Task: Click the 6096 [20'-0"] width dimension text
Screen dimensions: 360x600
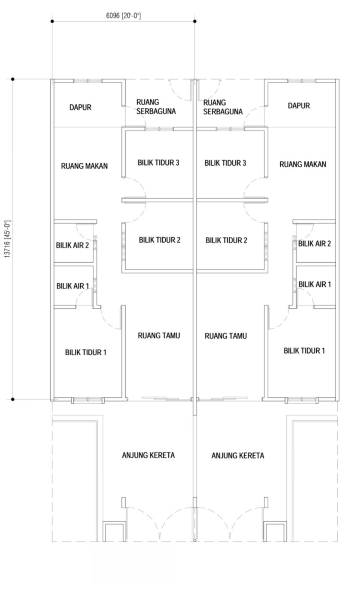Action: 124,16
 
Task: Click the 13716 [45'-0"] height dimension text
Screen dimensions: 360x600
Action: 8,239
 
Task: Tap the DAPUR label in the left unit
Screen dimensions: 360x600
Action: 80,108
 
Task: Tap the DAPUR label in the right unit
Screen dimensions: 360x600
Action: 299,106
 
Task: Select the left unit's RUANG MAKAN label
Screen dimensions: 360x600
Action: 84,166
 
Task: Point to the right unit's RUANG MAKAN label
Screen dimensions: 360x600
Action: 303,164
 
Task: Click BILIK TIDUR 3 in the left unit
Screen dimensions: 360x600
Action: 158,162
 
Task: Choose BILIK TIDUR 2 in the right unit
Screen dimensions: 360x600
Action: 226,240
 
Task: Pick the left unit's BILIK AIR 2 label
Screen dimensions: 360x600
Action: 72,245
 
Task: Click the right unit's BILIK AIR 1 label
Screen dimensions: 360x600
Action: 315,284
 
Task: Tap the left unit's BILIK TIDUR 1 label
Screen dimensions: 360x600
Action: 86,352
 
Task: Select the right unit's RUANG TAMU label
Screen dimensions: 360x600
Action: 226,336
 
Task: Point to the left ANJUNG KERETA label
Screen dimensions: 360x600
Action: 148,455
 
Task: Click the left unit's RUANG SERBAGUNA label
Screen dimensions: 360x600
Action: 156,107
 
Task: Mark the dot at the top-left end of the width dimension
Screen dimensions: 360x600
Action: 52,22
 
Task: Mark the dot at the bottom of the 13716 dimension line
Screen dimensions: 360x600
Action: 12,399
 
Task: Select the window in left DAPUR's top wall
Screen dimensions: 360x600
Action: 88,81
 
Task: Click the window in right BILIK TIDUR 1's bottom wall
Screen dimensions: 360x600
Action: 302,400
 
